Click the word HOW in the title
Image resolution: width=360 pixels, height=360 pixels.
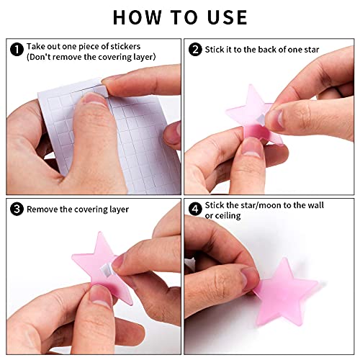[138, 17]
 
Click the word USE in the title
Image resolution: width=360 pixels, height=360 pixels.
[228, 17]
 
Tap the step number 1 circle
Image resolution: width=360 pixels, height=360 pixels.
[17, 49]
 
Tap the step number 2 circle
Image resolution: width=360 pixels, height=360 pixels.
[195, 50]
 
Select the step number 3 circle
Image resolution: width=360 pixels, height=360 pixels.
[17, 209]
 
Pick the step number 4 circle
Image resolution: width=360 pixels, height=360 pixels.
[195, 209]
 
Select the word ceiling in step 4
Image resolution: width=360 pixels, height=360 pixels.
[228, 216]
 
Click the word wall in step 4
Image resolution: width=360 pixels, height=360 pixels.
[315, 205]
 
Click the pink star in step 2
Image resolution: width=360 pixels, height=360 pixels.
[252, 115]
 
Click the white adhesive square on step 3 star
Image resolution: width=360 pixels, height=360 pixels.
[106, 269]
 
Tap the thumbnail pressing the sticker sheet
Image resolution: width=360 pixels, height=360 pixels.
[94, 99]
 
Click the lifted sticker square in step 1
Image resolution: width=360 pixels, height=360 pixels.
[102, 91]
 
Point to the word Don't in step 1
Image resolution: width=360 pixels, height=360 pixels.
[39, 57]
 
